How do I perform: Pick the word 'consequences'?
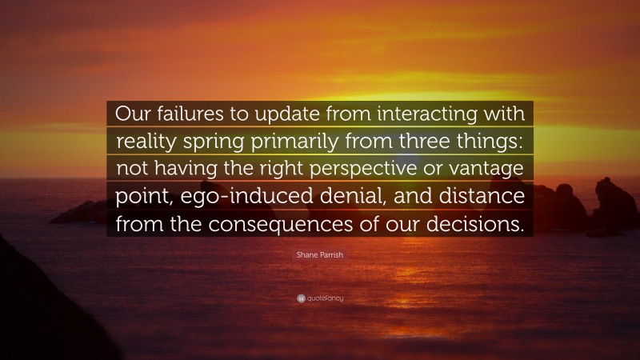click(x=302, y=225)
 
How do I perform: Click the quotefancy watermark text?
click(x=326, y=298)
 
